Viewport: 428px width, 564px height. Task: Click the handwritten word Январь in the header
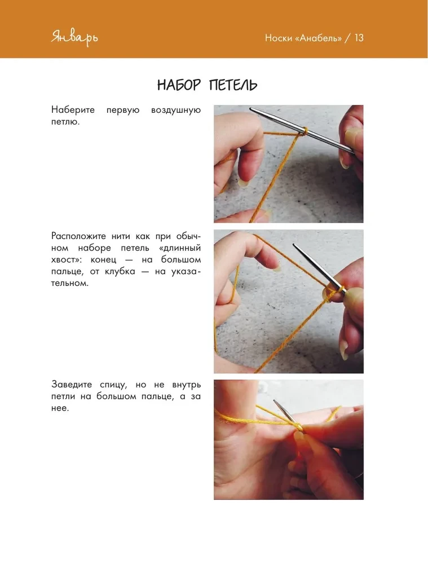pos(74,38)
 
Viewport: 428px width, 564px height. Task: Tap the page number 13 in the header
pos(358,38)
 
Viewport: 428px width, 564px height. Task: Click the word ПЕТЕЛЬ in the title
pos(233,85)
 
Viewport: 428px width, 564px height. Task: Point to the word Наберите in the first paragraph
pos(73,109)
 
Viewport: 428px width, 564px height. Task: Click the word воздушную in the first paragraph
pos(176,109)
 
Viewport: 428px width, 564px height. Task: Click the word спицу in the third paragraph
pos(118,385)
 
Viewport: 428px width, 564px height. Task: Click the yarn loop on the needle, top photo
pos(303,132)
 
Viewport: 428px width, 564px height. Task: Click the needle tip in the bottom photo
pos(275,402)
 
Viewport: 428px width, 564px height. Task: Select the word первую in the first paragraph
pos(123,109)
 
